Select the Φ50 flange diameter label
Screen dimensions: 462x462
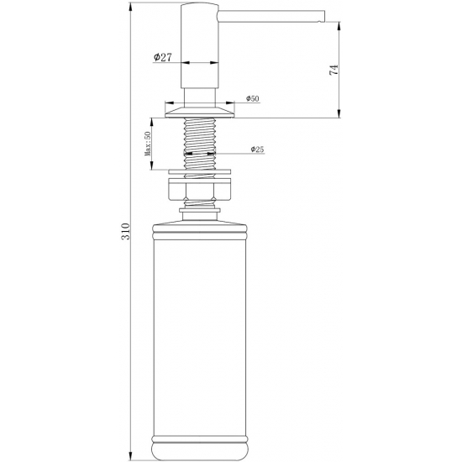click(252, 99)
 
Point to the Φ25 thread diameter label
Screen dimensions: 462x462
click(257, 150)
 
